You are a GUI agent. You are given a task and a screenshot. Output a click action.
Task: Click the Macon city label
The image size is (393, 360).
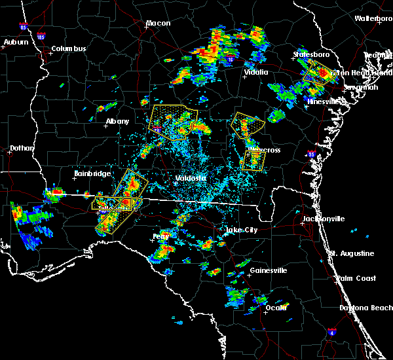158,24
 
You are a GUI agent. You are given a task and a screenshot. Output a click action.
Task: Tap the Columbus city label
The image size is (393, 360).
69,48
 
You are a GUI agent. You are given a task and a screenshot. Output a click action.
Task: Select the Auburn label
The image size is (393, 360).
16,42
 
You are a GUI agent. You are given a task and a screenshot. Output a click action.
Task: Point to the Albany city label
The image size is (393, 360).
118,122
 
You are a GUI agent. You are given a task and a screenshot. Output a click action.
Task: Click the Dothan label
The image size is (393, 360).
21,149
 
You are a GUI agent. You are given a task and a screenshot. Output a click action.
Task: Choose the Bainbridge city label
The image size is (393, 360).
89,173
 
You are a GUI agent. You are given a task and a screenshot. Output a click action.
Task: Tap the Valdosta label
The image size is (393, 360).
191,178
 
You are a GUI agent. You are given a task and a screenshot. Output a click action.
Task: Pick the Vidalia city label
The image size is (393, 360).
255,72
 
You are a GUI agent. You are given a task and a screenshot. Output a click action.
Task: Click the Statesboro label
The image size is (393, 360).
311,54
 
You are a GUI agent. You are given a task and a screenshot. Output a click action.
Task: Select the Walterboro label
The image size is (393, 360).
373,19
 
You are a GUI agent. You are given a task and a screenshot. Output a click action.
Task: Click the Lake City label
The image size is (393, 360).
241,230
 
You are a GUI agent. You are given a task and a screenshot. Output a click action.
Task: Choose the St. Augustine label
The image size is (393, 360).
352,253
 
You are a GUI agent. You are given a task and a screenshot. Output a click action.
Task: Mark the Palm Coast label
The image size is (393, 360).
358,278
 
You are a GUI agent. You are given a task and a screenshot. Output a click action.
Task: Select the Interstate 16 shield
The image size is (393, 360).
230,59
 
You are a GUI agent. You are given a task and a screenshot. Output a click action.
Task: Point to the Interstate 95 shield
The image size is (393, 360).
312,155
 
